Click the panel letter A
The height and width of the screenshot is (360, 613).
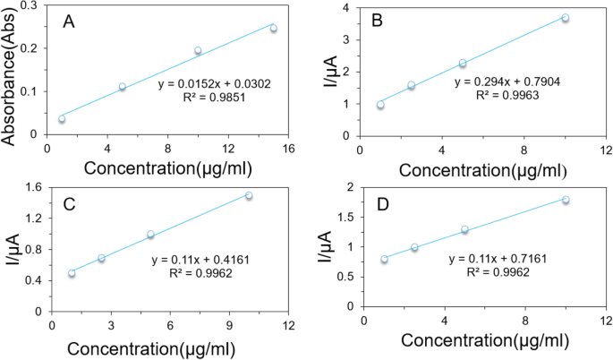[x=68, y=21]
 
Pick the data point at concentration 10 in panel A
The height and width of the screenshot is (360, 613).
[x=198, y=51]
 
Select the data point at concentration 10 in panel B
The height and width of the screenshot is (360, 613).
[x=565, y=18]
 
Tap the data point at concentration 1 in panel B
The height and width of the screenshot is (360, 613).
[x=380, y=105]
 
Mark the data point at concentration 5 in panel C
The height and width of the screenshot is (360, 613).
[x=150, y=235]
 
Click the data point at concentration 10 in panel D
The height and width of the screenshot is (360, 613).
[x=566, y=200]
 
